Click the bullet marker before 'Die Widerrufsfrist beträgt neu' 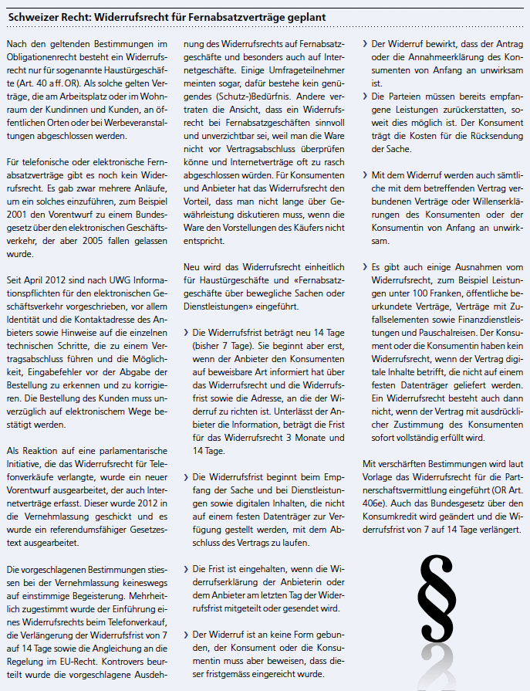tap(186, 311)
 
